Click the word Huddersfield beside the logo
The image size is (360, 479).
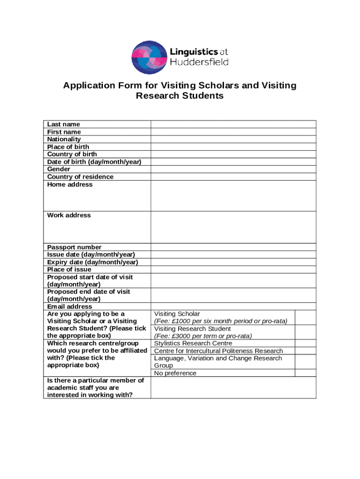[x=199, y=62]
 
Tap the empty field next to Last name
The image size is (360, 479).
[x=233, y=124]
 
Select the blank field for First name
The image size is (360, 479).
[x=233, y=132]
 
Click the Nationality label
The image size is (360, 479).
[x=64, y=139]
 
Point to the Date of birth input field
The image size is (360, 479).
[x=233, y=162]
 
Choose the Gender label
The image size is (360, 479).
[x=59, y=169]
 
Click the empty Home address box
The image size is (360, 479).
[x=233, y=196]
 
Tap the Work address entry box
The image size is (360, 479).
[x=233, y=227]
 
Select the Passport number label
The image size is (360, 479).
[x=74, y=247]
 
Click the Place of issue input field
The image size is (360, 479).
[x=233, y=269]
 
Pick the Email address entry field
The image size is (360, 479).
[x=233, y=306]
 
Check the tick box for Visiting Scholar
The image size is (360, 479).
[x=305, y=317]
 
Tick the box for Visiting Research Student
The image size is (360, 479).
[x=305, y=332]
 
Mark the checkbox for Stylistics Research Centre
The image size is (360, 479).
[x=305, y=343]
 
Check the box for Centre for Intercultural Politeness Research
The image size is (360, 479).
[x=305, y=351]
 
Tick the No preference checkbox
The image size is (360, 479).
[x=305, y=373]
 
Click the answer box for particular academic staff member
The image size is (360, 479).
[x=233, y=387]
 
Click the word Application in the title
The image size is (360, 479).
[x=88, y=86]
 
